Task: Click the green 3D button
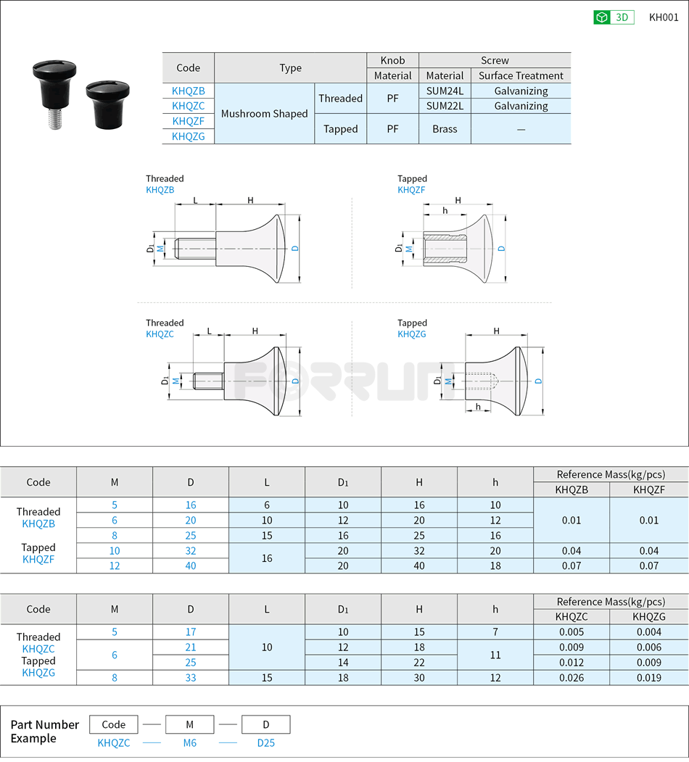tap(614, 17)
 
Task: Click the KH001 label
tap(663, 17)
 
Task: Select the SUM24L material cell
tap(445, 91)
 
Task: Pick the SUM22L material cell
tap(445, 106)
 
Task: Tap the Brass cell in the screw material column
tap(445, 129)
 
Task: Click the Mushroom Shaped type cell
tap(264, 114)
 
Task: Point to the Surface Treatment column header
tap(521, 75)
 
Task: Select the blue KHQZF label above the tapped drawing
tap(411, 190)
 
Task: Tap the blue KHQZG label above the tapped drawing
tap(411, 334)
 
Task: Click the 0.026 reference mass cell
tap(571, 678)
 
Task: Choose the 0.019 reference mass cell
tap(647, 678)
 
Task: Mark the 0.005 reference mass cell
tap(571, 632)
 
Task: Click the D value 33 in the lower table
tap(191, 678)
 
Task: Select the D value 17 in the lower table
tap(191, 632)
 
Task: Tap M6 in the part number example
tap(189, 742)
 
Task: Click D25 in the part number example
tap(265, 742)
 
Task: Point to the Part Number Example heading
tap(44, 732)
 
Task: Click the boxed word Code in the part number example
tap(114, 724)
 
